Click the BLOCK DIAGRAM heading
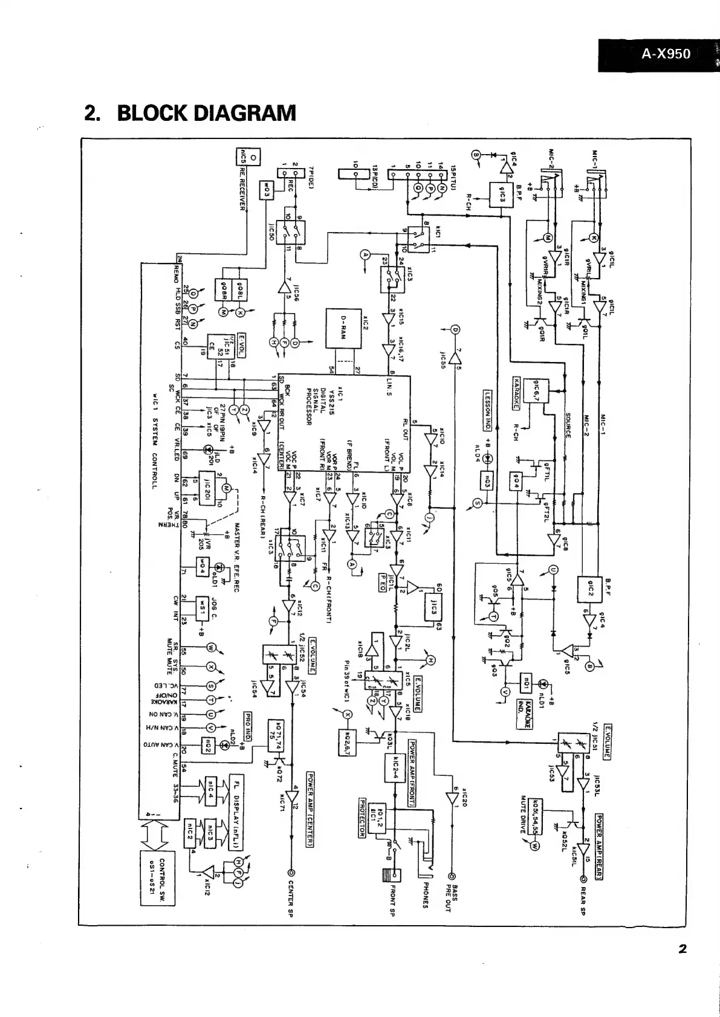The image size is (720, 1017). pos(190,113)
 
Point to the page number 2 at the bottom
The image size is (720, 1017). pos(682,949)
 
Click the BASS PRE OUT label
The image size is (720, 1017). pos(452,900)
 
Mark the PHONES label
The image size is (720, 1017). pos(426,893)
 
